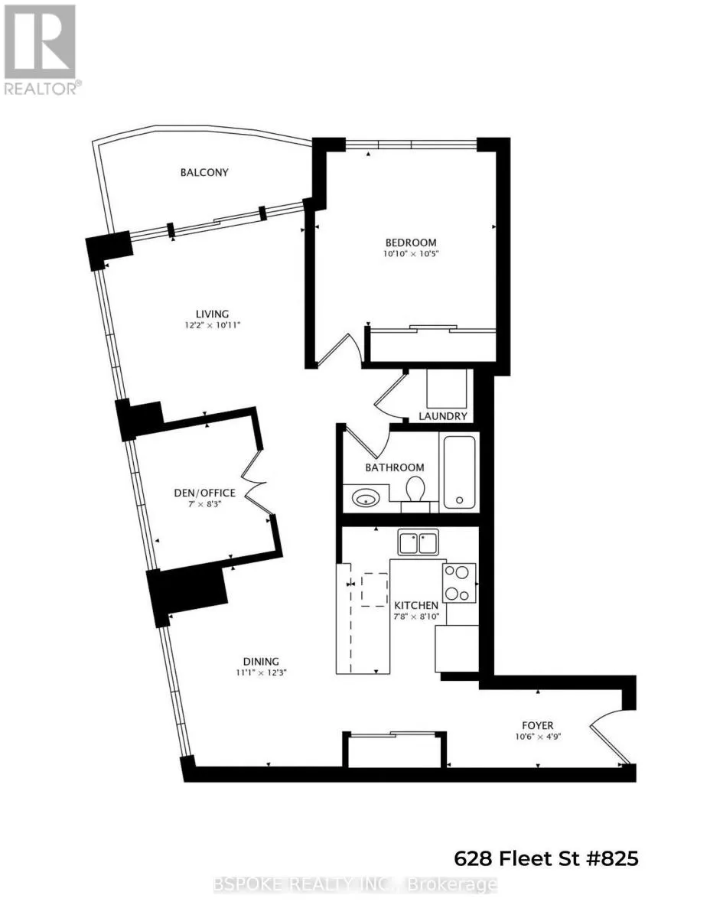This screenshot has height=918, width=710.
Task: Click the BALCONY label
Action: coord(204,172)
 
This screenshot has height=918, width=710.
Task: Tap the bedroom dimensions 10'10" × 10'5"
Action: coord(410,254)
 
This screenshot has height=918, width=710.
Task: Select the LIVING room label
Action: coord(212,314)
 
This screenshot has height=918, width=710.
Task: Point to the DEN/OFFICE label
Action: coord(204,493)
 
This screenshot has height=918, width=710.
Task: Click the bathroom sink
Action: coord(366,499)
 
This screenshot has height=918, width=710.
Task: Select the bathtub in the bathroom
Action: coord(459,472)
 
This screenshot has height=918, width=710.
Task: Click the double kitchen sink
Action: coord(419,542)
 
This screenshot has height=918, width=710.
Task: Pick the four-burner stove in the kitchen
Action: coord(459,583)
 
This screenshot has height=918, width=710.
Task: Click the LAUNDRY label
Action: coord(443,416)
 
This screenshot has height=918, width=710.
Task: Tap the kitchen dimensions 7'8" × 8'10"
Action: coord(416,617)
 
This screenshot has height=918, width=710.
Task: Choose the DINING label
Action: coord(261,662)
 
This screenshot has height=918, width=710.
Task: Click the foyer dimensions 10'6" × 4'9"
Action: coord(537,737)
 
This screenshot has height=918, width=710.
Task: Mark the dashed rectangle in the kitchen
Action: coord(374,590)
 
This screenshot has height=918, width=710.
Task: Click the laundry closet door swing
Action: coord(390,396)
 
